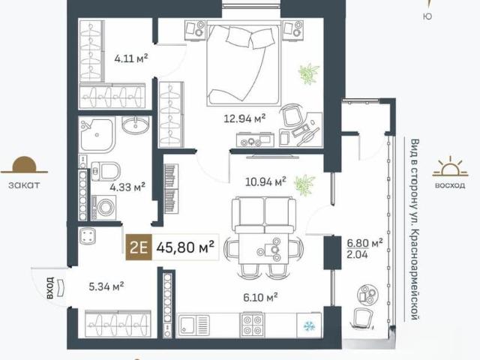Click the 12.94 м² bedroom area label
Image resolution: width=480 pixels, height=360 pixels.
click(x=244, y=118)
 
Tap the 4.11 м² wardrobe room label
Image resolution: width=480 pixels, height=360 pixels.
click(x=131, y=58)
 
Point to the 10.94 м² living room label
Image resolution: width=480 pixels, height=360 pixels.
click(x=265, y=181)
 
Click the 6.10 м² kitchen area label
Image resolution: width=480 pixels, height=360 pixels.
click(x=260, y=297)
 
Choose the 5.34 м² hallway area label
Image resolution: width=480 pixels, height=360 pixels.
click(x=106, y=286)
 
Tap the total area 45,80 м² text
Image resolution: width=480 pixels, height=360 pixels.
click(x=185, y=247)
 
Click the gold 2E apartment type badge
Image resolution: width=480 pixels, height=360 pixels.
click(x=139, y=247)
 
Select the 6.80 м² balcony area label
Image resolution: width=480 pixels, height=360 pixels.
click(x=364, y=243)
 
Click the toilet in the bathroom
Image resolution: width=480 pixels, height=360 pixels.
click(x=106, y=171)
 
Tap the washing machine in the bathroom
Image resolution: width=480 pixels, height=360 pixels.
click(x=103, y=208)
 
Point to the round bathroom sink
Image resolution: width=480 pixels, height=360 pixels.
click(x=135, y=125)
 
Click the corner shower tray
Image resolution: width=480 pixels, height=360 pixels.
click(x=96, y=135)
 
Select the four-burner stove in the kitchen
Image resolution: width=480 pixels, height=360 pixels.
click(x=253, y=325)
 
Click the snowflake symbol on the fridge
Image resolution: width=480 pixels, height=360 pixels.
click(x=308, y=326)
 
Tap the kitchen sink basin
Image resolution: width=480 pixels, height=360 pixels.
click(x=187, y=325)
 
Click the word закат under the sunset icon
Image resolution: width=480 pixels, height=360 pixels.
click(x=24, y=185)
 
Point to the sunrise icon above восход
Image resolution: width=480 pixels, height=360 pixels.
click(x=450, y=166)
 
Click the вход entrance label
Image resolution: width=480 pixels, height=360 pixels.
click(x=50, y=288)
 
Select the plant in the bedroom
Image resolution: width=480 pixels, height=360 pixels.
click(x=309, y=73)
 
